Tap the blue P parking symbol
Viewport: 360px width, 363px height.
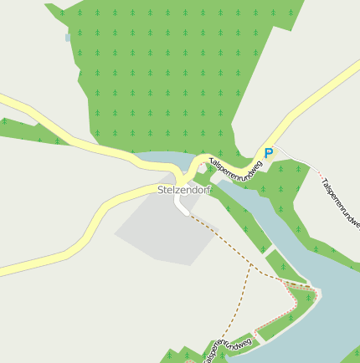268,153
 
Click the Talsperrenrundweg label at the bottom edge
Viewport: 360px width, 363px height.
226,348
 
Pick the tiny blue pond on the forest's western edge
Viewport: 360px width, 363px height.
68,37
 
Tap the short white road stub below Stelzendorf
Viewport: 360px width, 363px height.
181,205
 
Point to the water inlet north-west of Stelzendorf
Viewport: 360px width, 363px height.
159,160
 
